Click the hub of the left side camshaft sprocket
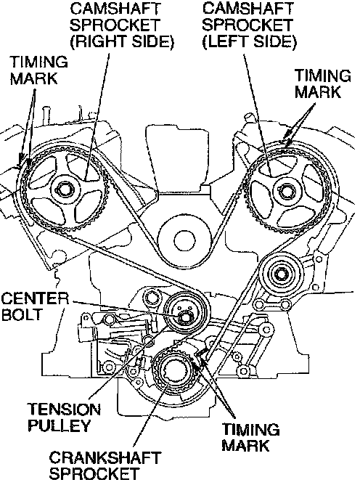point(285,191)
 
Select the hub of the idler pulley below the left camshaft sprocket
point(280,274)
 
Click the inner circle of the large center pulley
point(184,240)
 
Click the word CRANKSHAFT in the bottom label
point(105,458)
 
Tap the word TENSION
point(65,409)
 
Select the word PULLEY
point(59,425)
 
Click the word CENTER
point(35,299)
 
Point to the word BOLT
point(22,314)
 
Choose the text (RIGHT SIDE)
point(121,41)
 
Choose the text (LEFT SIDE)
point(249,41)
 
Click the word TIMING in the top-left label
point(38,62)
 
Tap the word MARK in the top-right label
point(318,92)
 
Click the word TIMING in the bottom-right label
point(251,430)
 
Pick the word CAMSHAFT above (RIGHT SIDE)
point(115,9)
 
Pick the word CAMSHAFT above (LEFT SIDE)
point(247,9)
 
